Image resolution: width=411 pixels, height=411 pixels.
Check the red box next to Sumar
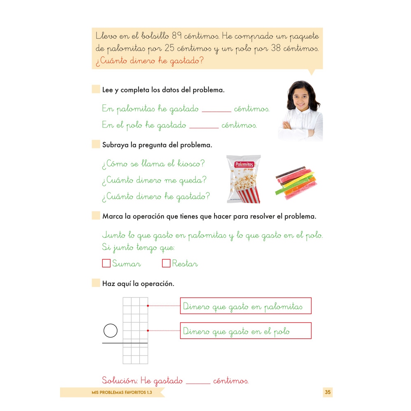coord(106,263)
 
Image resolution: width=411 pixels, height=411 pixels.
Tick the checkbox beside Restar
coord(166,263)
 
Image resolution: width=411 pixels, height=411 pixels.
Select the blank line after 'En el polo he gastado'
coord(204,126)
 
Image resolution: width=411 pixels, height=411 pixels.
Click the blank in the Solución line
coord(198,382)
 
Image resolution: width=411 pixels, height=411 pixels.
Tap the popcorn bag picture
coord(244,179)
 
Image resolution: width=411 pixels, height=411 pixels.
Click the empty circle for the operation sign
coord(111,330)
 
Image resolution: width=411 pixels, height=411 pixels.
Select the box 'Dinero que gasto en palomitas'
coord(245,306)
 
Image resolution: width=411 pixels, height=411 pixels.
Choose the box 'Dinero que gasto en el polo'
coord(245,331)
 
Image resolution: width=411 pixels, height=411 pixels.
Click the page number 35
coord(328,392)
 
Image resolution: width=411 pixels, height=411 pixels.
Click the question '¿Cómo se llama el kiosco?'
coord(153,164)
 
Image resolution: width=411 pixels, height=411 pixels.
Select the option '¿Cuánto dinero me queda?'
coord(154,180)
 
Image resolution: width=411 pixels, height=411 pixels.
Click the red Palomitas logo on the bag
coord(244,165)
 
